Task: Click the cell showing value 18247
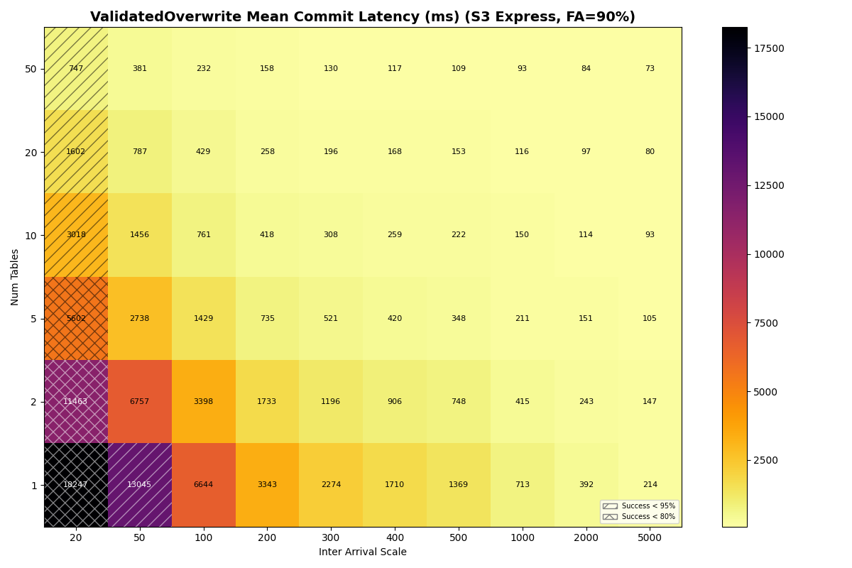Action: point(76,485)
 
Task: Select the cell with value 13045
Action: point(140,485)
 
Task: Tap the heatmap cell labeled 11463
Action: point(76,402)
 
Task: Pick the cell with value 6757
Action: point(140,402)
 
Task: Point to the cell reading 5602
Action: point(76,319)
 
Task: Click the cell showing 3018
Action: point(76,235)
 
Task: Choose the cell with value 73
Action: point(650,69)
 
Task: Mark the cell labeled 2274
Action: point(331,485)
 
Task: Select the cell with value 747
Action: point(76,69)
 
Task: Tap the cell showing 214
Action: point(650,485)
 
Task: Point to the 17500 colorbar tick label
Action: point(769,48)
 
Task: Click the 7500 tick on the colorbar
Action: point(766,323)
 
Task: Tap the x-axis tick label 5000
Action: point(650,538)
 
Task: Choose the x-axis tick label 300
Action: point(331,538)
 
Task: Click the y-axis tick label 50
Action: point(31,69)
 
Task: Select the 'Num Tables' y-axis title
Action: point(16,277)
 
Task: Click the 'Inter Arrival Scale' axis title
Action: point(363,552)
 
